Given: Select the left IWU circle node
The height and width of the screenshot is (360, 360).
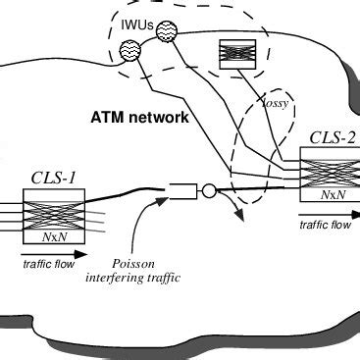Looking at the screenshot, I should click(x=129, y=49).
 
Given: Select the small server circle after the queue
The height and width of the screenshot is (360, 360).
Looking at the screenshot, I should click(x=209, y=190).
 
